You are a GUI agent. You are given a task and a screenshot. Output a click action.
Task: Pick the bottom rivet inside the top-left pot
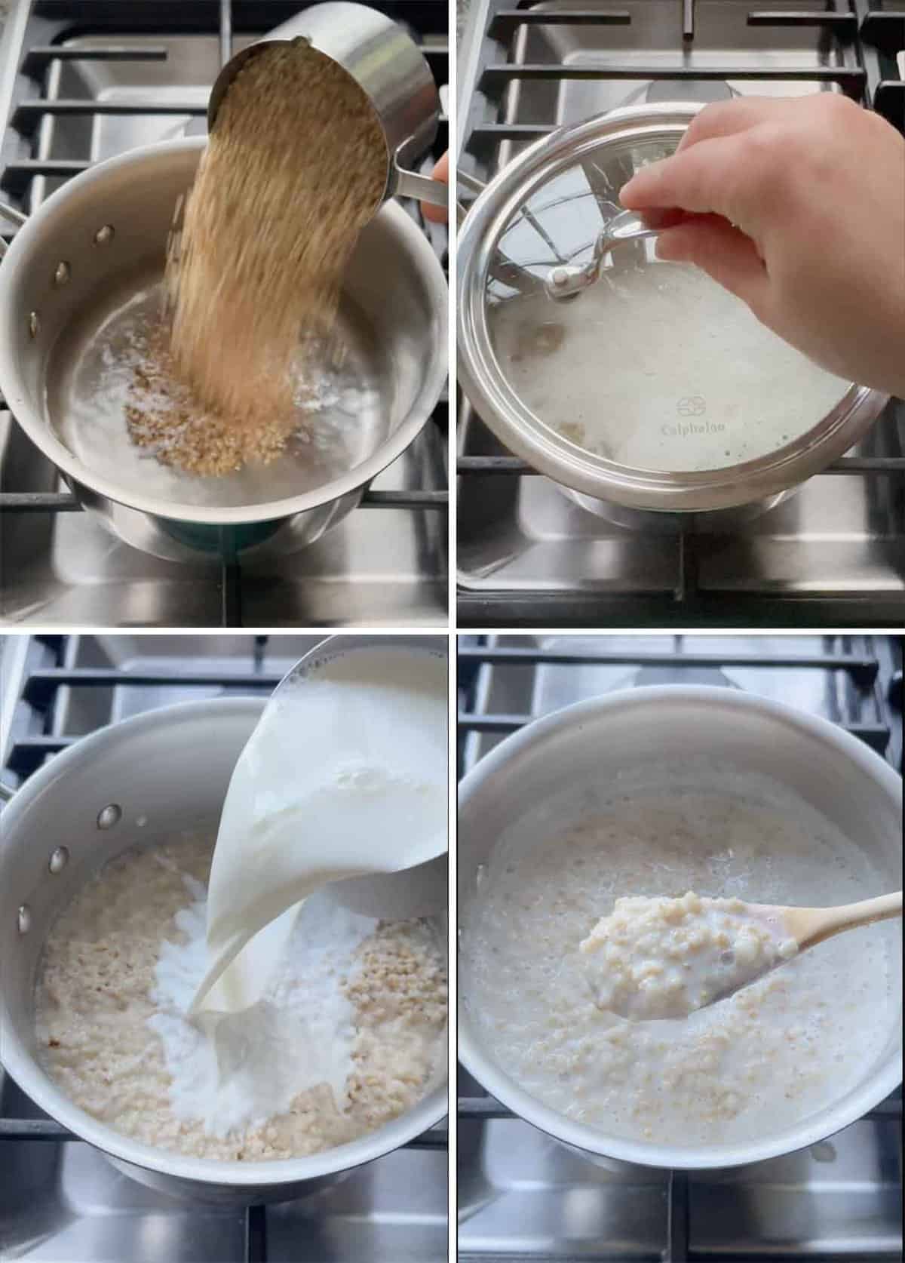pos(33,324)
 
